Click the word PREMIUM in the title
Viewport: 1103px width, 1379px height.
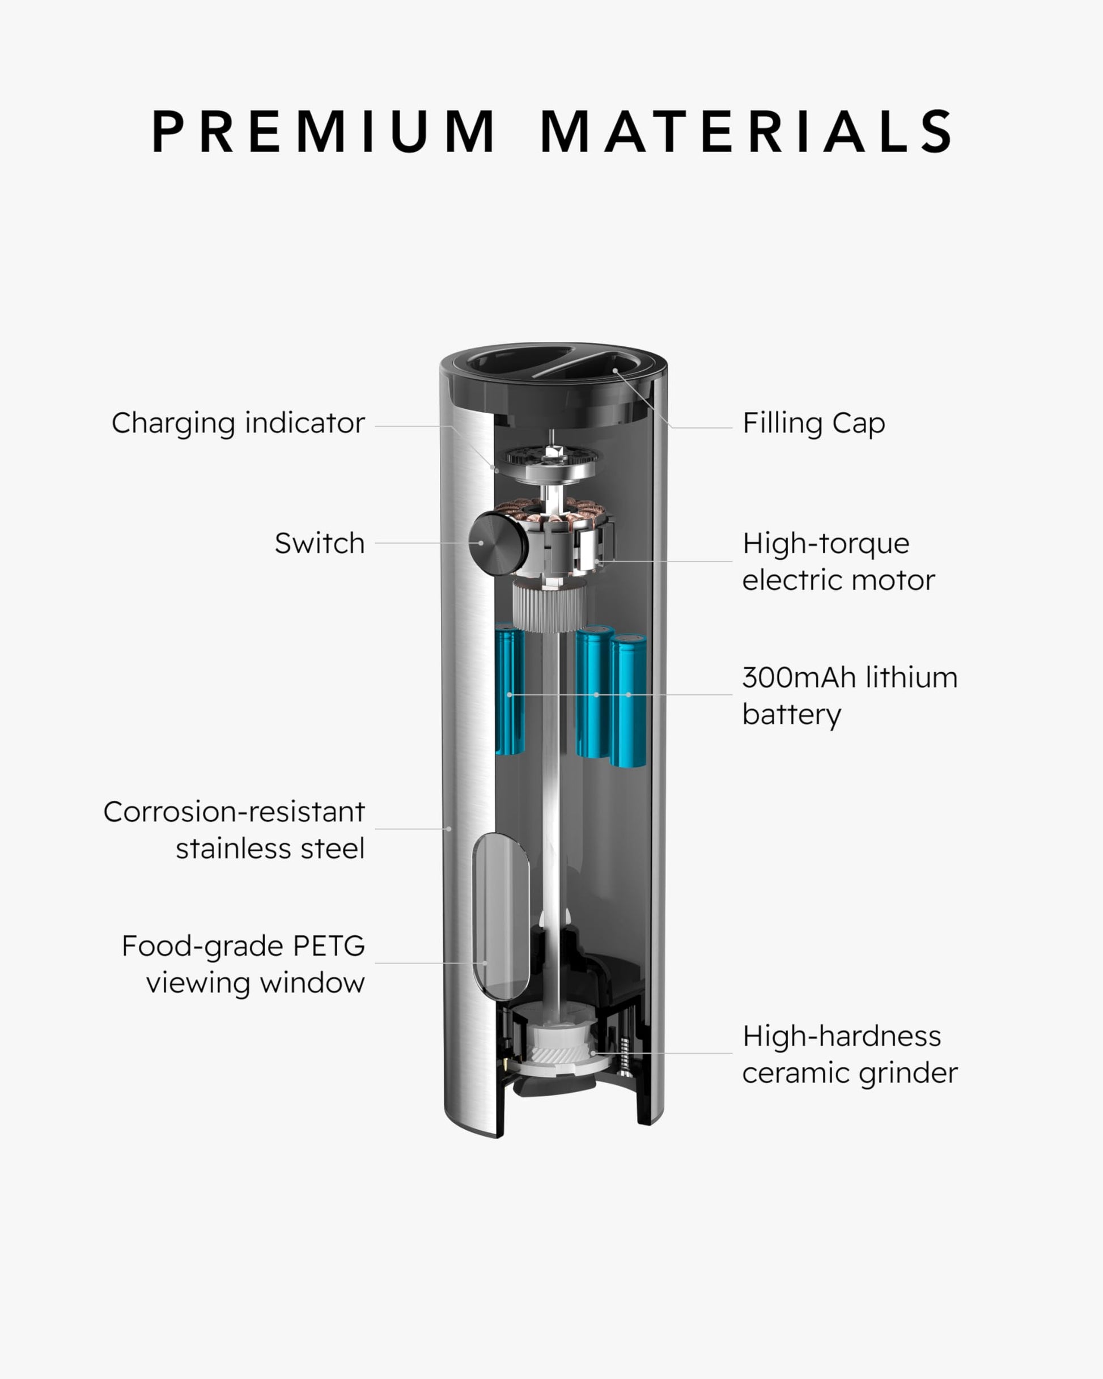(x=324, y=131)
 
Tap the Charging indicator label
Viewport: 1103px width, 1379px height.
(x=238, y=423)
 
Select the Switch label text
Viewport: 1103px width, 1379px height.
(x=319, y=543)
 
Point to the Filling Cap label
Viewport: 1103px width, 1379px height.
(x=814, y=423)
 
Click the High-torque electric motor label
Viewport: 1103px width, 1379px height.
(x=838, y=562)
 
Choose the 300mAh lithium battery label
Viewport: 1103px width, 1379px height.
(x=850, y=696)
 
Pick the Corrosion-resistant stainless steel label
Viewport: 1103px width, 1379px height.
(x=234, y=830)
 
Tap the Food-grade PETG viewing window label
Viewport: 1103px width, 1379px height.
(x=243, y=964)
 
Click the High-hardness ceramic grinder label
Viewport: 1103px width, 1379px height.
(x=850, y=1054)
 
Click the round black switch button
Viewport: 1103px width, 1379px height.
(x=498, y=543)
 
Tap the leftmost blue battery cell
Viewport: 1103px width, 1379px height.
(x=510, y=689)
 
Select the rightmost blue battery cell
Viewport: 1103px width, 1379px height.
(x=628, y=701)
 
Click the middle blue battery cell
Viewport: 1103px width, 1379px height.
(x=595, y=691)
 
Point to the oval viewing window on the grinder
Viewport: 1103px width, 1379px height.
(x=500, y=916)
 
